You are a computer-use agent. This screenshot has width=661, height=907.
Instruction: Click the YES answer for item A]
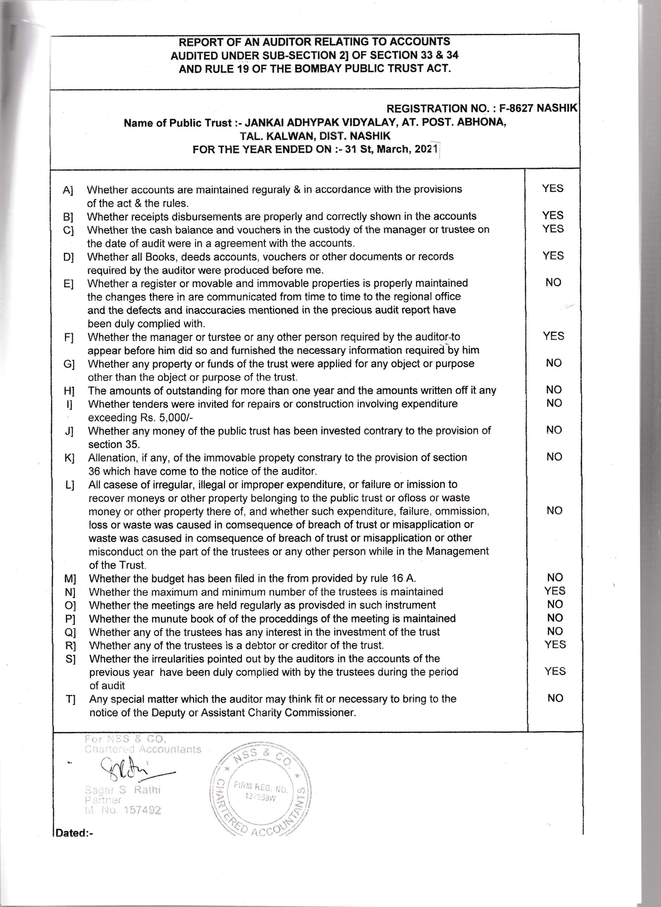552,188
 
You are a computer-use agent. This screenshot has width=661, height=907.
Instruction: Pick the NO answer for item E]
553,282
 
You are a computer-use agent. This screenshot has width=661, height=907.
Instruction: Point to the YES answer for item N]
555,591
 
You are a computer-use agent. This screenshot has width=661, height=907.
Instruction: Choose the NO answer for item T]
555,698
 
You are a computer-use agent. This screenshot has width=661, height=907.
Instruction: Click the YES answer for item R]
555,644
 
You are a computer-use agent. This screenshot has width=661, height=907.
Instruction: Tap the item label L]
70,485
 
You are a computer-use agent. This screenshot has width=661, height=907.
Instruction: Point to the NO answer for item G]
554,363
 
